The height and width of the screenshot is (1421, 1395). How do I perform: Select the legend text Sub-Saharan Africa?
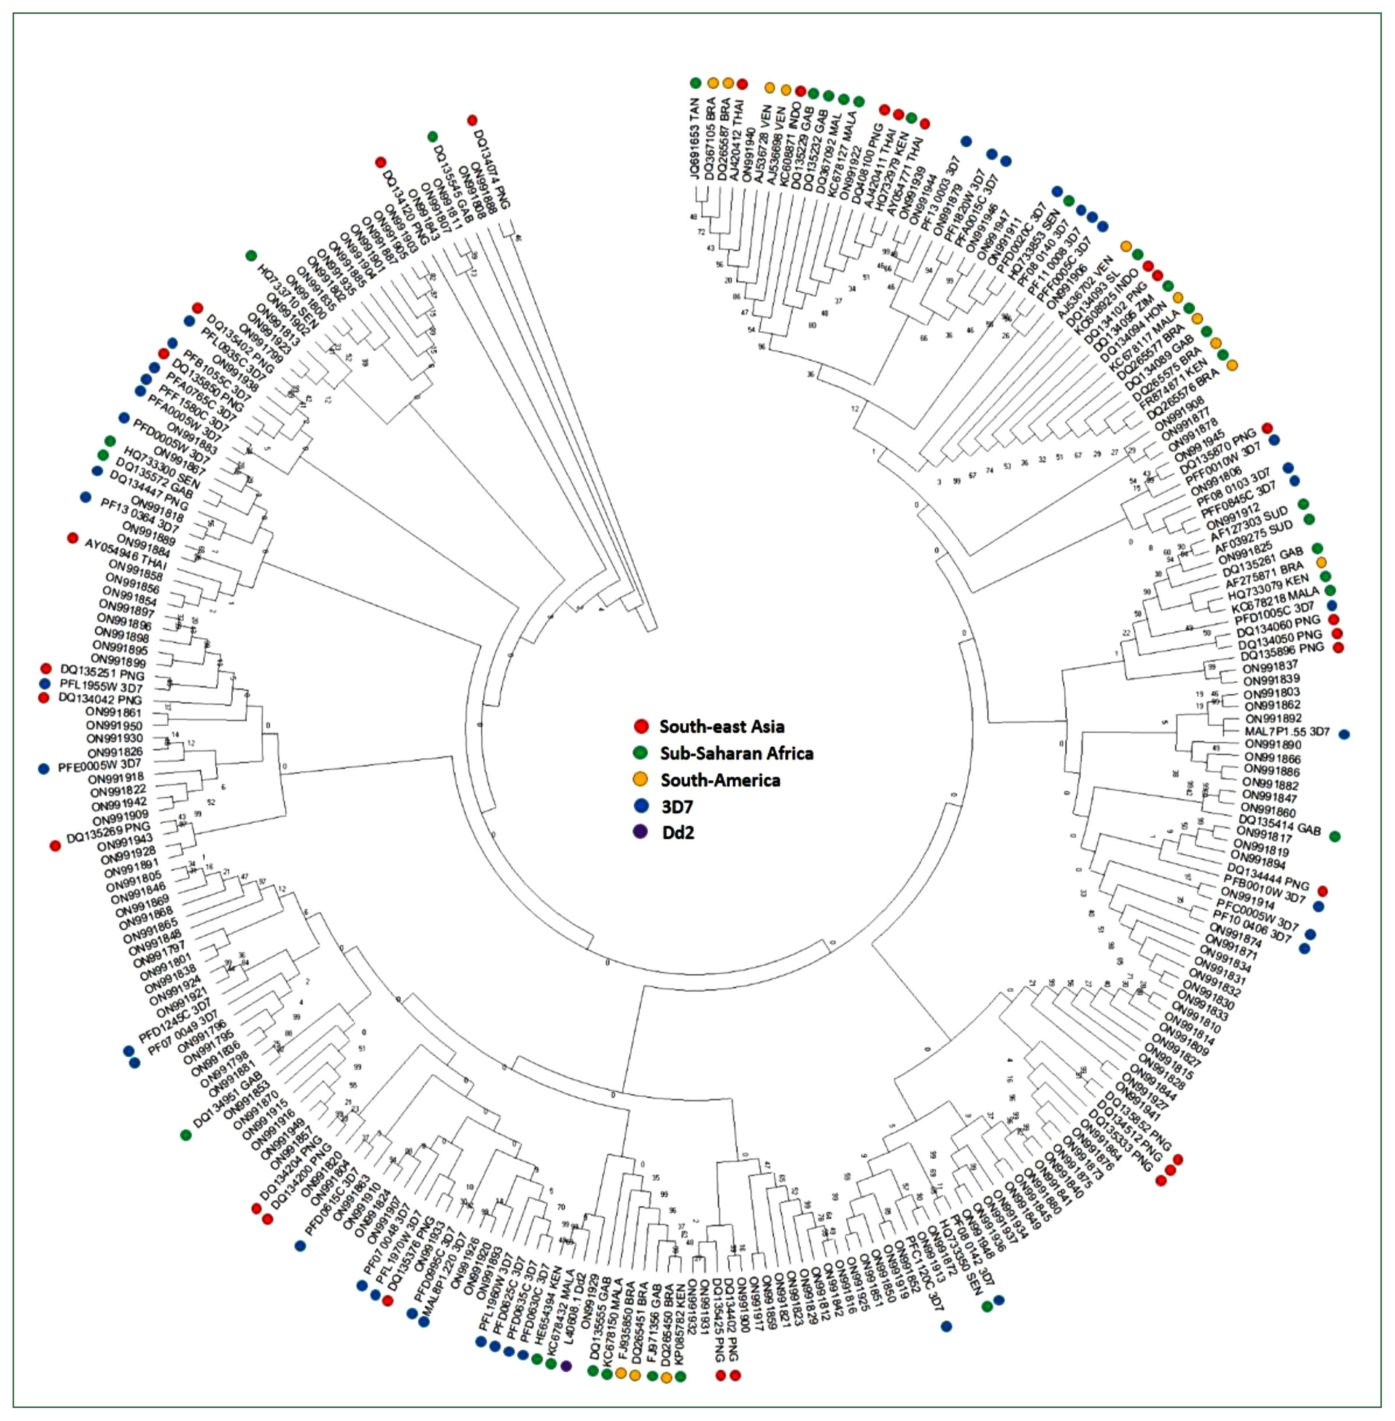click(736, 753)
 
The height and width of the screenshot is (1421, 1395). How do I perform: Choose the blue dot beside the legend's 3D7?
click(641, 807)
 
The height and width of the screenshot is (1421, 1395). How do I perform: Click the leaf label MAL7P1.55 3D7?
click(1287, 732)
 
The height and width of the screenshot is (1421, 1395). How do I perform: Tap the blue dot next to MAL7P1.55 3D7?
click(1344, 734)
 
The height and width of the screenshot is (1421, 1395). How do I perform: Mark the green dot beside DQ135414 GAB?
click(1335, 836)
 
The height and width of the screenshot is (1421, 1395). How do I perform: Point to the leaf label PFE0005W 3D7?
click(100, 766)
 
